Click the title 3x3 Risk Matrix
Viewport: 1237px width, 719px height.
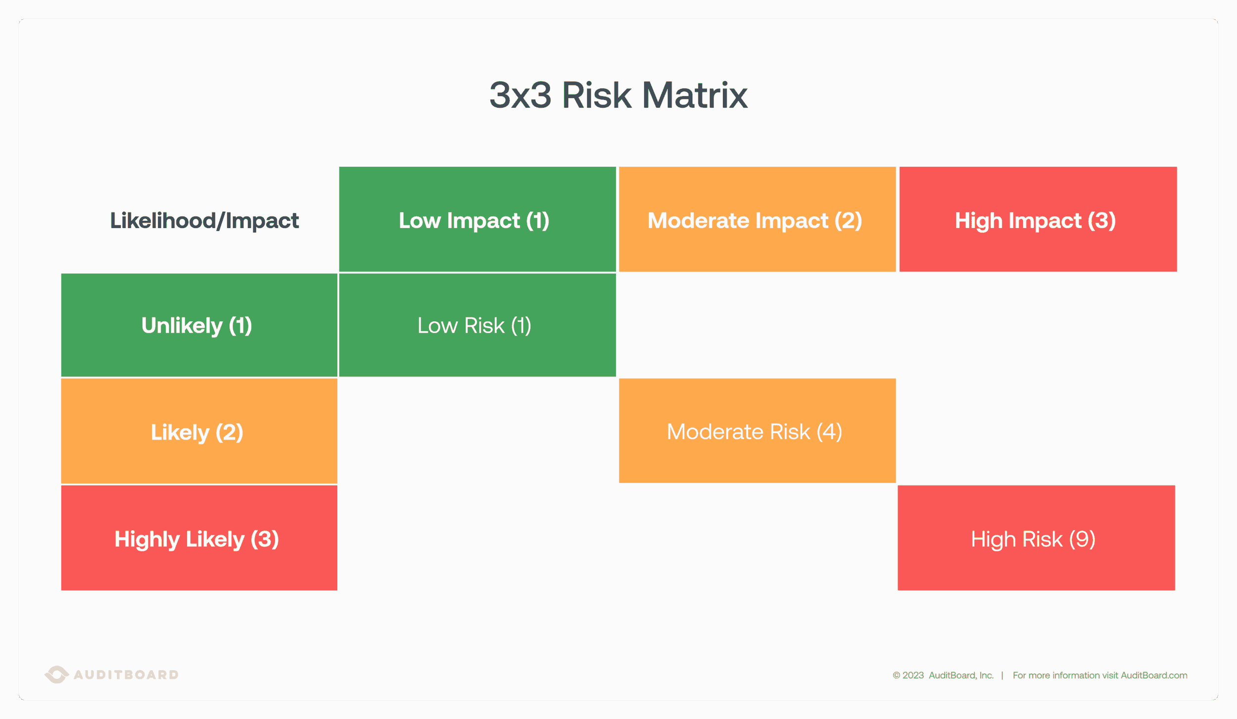pyautogui.click(x=618, y=95)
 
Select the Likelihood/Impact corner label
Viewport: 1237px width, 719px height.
pyautogui.click(x=204, y=221)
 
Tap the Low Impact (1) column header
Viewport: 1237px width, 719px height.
pyautogui.click(x=474, y=221)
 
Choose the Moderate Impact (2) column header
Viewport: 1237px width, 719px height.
pyautogui.click(x=755, y=221)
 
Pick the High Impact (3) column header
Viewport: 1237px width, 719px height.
pyautogui.click(x=1035, y=221)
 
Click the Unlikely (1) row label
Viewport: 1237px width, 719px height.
pyautogui.click(x=196, y=326)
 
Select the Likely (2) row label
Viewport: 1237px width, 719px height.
pyautogui.click(x=196, y=432)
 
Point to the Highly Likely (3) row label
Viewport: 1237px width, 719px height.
pyautogui.click(x=196, y=539)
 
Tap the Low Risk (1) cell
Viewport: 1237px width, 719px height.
pyautogui.click(x=474, y=326)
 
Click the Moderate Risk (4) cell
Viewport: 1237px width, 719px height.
pyautogui.click(x=755, y=432)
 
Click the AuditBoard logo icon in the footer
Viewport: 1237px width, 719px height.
pyautogui.click(x=56, y=674)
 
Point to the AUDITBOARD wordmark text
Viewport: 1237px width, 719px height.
pyautogui.click(x=126, y=675)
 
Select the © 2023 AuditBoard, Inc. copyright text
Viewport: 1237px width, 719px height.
pyautogui.click(x=943, y=675)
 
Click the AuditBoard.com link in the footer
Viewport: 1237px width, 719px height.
pyautogui.click(x=1154, y=675)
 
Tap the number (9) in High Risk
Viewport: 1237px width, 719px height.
pyautogui.click(x=1082, y=539)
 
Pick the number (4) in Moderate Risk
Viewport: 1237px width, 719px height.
pyautogui.click(x=829, y=432)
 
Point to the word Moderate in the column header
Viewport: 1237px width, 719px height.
pyautogui.click(x=738, y=221)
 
